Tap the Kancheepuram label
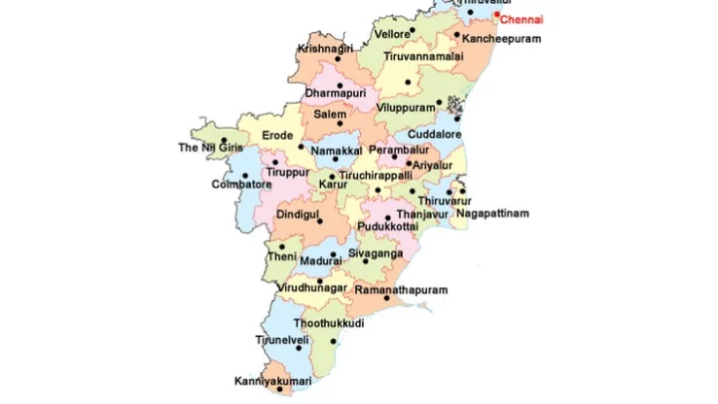503,38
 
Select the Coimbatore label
241,185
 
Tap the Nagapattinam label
488,213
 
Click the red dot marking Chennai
497,15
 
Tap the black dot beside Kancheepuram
457,36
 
